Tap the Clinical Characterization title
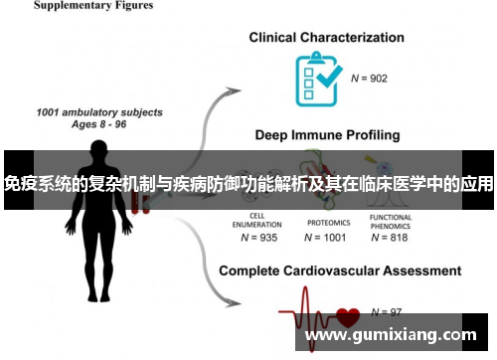[327, 38]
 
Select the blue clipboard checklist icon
[317, 71]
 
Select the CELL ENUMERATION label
[256, 221]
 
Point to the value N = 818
[390, 238]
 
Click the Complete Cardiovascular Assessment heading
[339, 270]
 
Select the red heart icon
[348, 318]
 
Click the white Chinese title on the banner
[248, 184]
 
